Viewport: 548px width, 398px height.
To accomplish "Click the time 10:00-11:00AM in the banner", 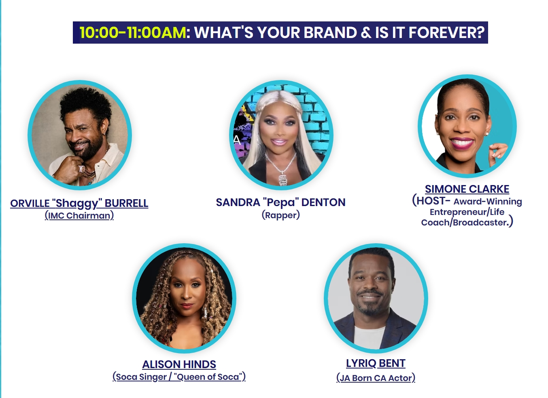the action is point(133,32).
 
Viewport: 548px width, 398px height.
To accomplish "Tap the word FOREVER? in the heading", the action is point(446,32).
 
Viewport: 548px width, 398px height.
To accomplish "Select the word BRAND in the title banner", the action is point(330,32).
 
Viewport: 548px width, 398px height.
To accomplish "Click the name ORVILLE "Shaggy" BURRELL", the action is point(79,204).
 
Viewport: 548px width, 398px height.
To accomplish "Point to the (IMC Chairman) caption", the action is point(79,216).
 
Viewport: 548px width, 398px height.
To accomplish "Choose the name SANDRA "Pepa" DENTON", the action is point(280,202).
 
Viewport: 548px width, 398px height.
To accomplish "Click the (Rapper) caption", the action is point(280,215).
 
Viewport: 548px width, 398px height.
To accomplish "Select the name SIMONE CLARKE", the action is point(467,189).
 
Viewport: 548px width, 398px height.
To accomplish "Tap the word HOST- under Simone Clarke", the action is point(433,201).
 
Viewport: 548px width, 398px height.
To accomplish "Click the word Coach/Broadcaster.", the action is point(465,223).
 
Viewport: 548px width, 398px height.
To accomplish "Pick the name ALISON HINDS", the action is point(179,364).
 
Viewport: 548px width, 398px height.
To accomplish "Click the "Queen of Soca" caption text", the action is point(209,377).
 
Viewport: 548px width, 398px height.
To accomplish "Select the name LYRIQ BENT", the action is point(376,363).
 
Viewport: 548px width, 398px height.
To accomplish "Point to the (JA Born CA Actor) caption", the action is point(376,378).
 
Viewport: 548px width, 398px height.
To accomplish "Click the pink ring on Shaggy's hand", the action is point(81,169).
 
